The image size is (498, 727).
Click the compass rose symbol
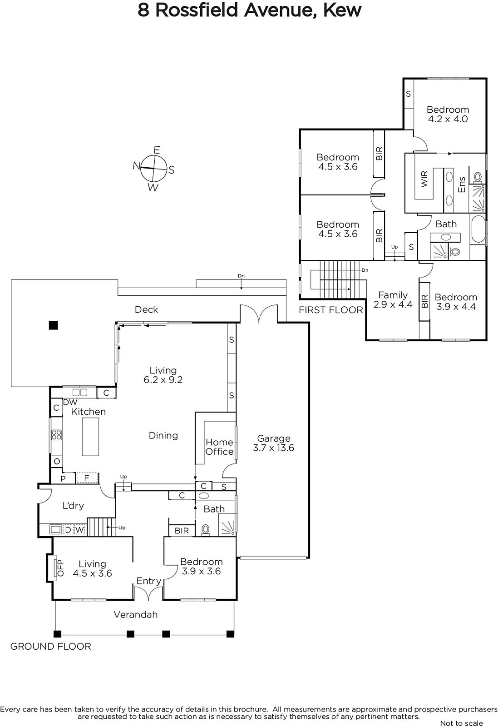(x=154, y=169)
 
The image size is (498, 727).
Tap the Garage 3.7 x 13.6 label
(x=273, y=443)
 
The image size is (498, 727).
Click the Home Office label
(x=220, y=447)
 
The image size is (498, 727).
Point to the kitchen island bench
(x=90, y=437)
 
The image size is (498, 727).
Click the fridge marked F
(x=87, y=478)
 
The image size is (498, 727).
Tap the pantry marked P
(x=63, y=478)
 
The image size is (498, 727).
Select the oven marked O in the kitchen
(x=57, y=461)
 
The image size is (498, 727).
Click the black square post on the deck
(x=54, y=325)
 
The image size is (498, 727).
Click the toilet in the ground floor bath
(x=206, y=530)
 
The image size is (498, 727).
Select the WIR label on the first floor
(x=424, y=179)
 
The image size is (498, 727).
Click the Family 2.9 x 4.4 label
(x=393, y=299)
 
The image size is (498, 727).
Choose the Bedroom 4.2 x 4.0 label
(x=448, y=114)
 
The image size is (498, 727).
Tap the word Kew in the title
(x=342, y=10)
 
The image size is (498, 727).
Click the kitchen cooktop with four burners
(x=57, y=434)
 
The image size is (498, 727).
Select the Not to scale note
(x=461, y=723)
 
